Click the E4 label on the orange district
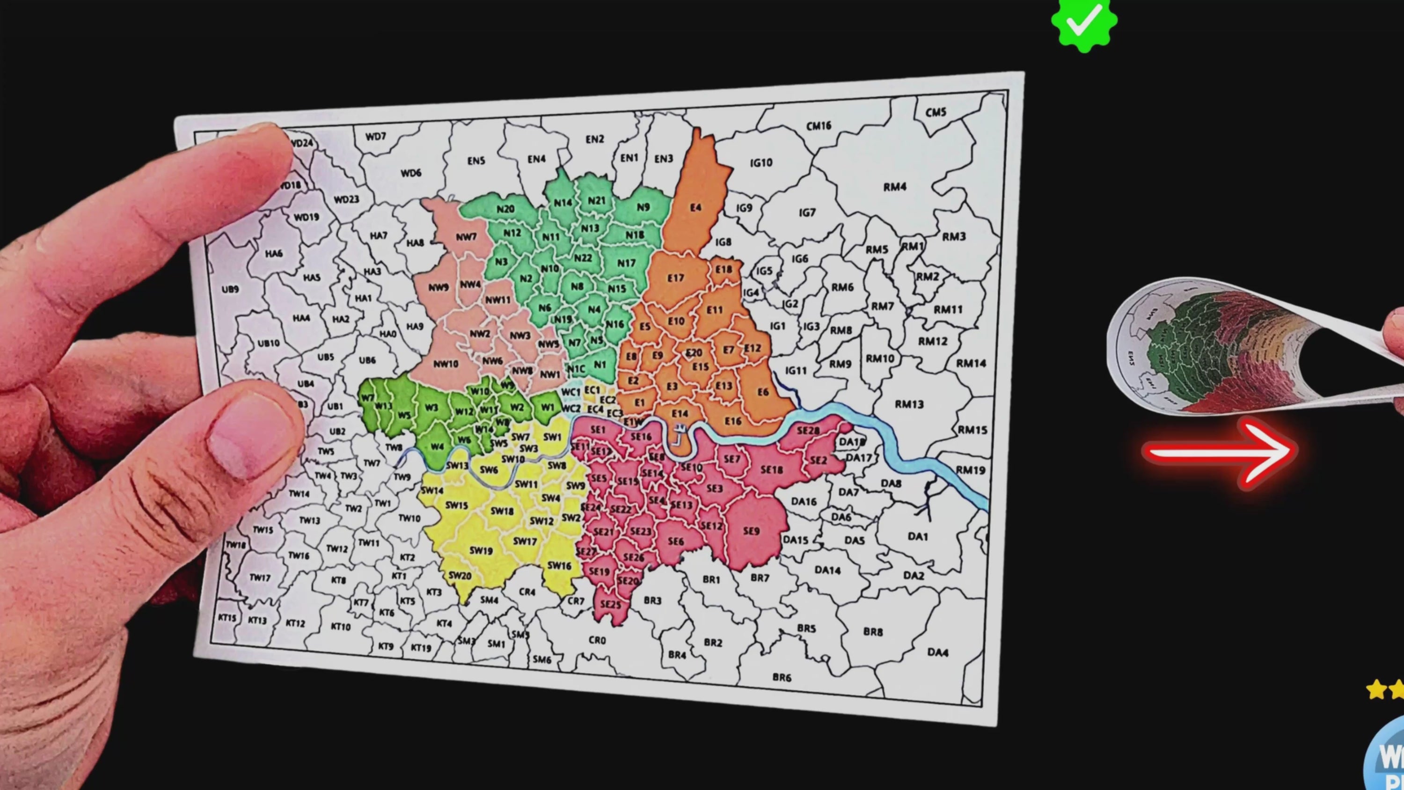coord(695,208)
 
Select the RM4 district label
coord(894,187)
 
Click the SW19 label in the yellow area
coord(481,551)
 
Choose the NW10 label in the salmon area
coord(445,364)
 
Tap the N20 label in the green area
coord(505,209)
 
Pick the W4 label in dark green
coord(437,446)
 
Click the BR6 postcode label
coord(782,677)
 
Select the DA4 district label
coord(937,652)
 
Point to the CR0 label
coord(597,640)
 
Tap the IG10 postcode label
coord(761,162)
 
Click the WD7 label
coord(375,136)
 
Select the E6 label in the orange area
coord(763,392)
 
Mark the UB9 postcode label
coord(230,289)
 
